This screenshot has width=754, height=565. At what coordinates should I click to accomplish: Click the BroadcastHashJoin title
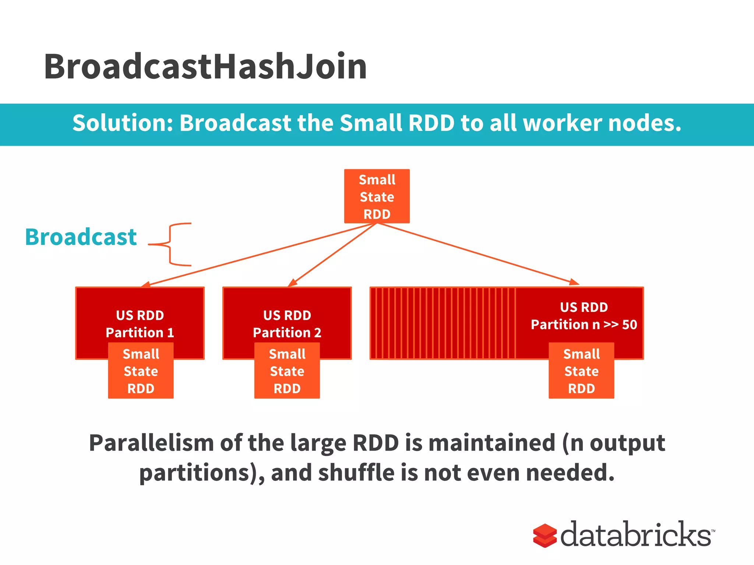tap(205, 67)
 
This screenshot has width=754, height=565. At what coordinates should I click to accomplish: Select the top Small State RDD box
tap(377, 196)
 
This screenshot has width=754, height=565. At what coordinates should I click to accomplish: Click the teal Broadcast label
tap(81, 237)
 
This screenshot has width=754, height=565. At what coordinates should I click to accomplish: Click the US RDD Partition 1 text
tap(140, 324)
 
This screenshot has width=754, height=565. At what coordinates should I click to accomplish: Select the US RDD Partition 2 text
tap(287, 324)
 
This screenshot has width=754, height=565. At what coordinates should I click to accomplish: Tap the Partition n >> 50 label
tap(584, 324)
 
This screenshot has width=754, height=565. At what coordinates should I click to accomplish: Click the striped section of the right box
tap(442, 323)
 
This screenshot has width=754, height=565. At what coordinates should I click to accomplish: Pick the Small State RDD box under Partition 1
tap(141, 371)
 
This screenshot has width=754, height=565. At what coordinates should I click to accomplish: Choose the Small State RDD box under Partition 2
tap(287, 371)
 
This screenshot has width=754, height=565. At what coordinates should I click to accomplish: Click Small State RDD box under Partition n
tap(581, 371)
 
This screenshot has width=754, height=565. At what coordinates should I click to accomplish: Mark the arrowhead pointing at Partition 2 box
tap(292, 282)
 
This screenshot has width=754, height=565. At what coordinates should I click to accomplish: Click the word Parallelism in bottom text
tap(151, 443)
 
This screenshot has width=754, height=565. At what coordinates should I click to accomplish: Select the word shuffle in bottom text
tap(356, 473)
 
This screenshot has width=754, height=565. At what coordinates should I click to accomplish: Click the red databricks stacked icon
tap(545, 536)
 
